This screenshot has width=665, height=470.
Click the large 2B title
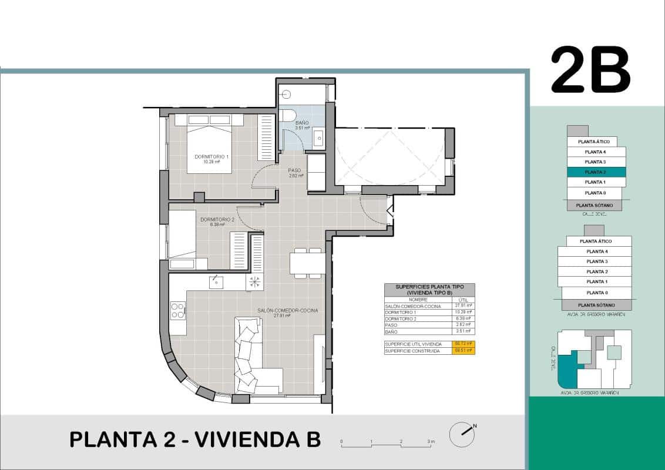pos(590,70)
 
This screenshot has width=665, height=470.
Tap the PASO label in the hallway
pos(295,173)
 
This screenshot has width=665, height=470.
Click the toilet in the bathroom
pos(287,115)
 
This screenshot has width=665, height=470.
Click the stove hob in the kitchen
pos(177,310)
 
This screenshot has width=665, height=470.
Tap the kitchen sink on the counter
pos(216,283)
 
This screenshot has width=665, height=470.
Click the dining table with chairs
pos(306,263)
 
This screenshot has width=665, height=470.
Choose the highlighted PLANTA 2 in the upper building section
pos(596,172)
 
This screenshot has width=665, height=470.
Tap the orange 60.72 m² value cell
pos(463,344)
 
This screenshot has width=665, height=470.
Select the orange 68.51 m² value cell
pos(463,351)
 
